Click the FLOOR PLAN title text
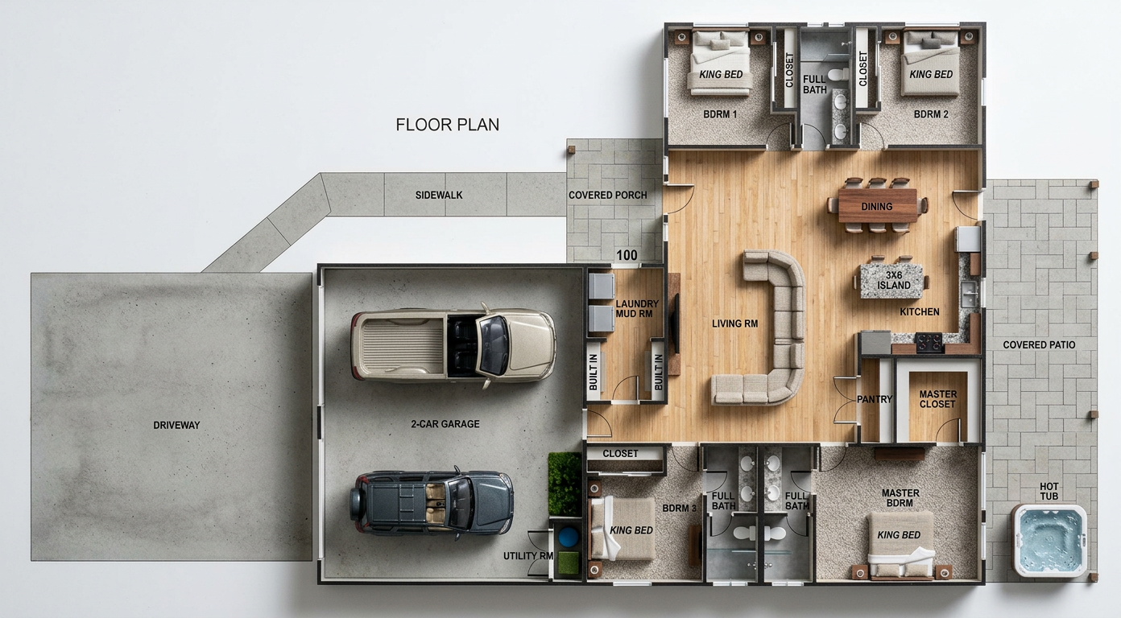click(448, 125)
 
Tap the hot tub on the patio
click(1049, 541)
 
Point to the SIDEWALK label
click(439, 195)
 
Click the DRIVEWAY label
click(176, 425)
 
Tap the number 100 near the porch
click(627, 255)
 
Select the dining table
click(877, 205)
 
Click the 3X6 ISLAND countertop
click(891, 281)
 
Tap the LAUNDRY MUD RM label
click(636, 308)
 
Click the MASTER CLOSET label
click(938, 399)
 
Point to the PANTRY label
click(875, 399)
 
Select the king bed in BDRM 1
click(720, 61)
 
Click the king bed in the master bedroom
click(900, 545)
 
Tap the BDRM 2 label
click(931, 114)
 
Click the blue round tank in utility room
click(568, 538)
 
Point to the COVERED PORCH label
click(607, 195)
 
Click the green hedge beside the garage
click(565, 484)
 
